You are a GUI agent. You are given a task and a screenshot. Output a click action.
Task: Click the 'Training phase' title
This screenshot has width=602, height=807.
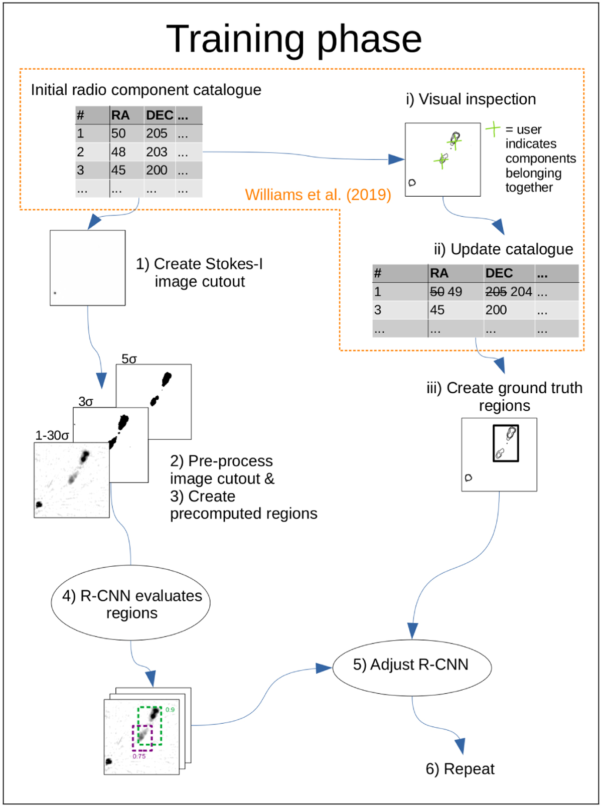point(294,39)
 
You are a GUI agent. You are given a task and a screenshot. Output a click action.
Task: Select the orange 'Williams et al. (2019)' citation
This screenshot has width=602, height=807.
point(318,195)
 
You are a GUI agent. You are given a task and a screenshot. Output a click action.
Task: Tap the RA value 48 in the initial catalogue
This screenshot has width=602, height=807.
point(118,152)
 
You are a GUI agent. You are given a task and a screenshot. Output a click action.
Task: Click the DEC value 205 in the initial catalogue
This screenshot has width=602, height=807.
point(157,133)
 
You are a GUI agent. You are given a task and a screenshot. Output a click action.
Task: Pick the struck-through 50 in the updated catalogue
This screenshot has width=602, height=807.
point(437,292)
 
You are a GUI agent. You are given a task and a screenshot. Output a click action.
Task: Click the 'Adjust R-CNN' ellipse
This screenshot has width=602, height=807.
point(411,665)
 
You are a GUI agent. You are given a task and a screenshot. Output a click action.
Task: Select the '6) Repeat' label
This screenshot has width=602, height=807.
point(460,769)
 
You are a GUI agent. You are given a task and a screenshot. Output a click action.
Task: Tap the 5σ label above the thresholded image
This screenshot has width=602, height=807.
point(129,359)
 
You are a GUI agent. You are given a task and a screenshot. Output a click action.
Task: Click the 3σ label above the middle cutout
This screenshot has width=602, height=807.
point(86,402)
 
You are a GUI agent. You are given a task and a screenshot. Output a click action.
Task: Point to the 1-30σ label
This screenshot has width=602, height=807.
point(52,435)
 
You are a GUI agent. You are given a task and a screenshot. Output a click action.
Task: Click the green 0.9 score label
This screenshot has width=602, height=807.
point(170,710)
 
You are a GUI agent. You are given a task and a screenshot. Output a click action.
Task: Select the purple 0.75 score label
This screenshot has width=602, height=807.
point(139,756)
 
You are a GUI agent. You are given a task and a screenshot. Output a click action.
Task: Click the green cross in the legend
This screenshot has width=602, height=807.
point(493,129)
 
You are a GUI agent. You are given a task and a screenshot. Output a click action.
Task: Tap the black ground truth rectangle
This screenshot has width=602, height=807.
point(506,443)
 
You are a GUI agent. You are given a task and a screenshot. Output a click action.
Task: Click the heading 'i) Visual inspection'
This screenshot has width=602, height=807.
point(471,99)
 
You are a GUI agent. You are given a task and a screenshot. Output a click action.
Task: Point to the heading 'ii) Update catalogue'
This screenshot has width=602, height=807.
point(503,249)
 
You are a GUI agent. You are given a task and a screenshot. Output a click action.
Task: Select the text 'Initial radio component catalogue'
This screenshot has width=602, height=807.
point(146,90)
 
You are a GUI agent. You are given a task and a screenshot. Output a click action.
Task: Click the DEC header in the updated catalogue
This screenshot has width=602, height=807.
point(499,273)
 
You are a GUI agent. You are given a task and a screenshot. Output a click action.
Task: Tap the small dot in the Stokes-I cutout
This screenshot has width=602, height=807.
point(55,293)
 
